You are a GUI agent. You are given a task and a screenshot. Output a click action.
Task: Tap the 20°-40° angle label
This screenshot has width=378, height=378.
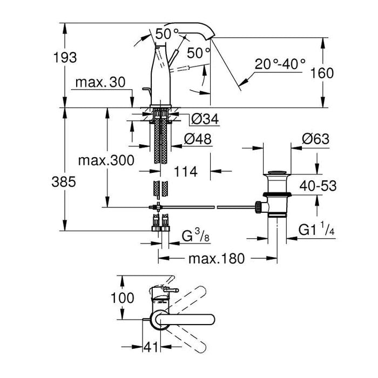tap(281, 64)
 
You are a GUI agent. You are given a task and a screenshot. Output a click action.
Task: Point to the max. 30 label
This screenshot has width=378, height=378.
tap(100, 83)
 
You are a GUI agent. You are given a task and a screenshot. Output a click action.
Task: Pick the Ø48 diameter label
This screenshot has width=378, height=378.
tap(197, 139)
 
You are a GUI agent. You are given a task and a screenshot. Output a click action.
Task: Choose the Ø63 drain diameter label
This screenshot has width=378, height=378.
tap(315, 139)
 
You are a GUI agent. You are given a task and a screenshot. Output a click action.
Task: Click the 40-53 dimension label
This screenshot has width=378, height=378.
tap(319, 186)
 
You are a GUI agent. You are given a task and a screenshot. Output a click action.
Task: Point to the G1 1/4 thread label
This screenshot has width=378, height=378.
tap(318, 231)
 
